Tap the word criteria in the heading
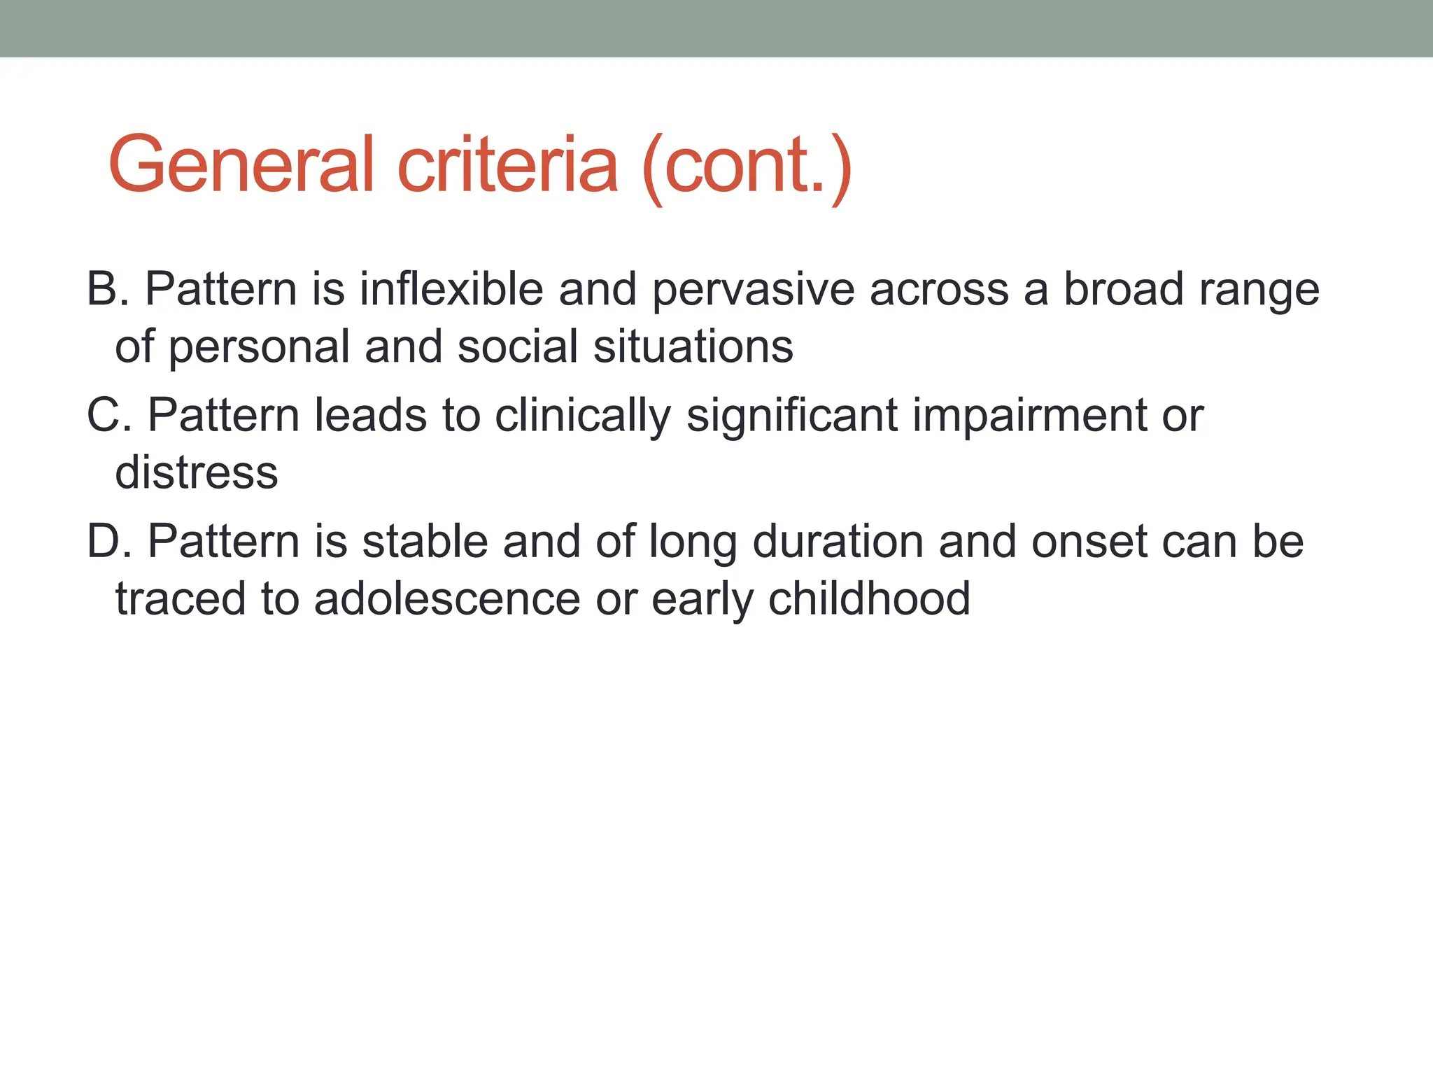click(508, 165)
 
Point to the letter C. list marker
click(109, 415)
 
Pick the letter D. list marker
click(109, 542)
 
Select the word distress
click(197, 472)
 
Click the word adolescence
click(447, 599)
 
